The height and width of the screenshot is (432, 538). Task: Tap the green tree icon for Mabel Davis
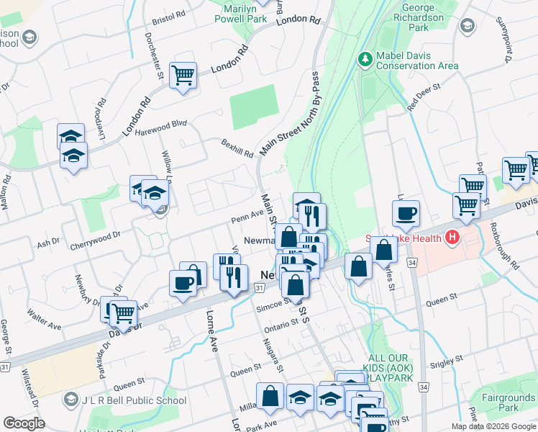365,57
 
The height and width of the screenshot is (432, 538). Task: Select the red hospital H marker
452,237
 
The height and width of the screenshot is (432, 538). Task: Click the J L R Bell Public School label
134,400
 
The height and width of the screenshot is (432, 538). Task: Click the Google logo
24,423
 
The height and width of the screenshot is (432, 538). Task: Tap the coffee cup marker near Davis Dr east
406,212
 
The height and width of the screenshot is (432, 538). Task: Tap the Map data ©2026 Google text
493,426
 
